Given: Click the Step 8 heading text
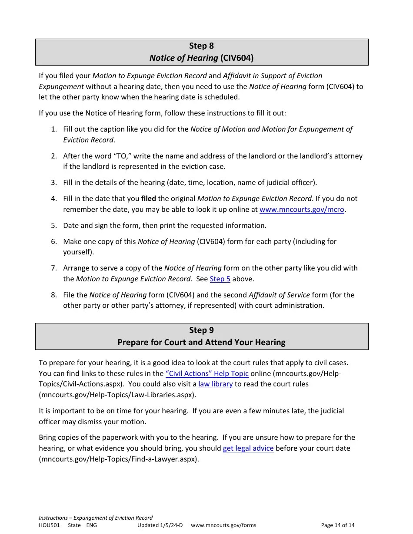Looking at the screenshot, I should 201,46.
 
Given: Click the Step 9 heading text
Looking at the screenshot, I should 201,330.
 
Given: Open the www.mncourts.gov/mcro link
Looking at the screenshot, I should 302,209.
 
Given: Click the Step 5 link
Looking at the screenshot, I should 220,279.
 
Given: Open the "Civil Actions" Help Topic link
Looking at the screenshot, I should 207,373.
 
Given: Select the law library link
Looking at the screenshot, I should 215,384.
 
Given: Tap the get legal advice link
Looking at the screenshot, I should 248,448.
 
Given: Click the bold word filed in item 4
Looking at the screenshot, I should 148,198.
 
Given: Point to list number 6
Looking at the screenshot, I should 53,241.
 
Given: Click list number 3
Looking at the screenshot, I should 53,182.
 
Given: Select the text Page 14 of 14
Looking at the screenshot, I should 337,525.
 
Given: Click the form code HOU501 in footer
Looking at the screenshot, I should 49,525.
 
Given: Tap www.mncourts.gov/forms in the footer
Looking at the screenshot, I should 223,525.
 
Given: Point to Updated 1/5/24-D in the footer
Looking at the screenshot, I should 160,525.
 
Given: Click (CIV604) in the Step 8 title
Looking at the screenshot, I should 236,58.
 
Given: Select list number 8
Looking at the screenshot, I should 53,295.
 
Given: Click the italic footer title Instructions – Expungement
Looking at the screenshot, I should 96,518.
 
